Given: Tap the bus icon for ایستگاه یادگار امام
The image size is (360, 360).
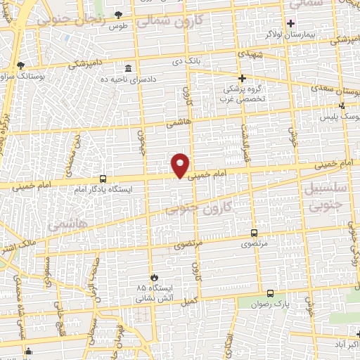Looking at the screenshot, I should coord(103,179).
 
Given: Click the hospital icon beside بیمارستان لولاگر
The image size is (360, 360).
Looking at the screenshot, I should coord(290,22).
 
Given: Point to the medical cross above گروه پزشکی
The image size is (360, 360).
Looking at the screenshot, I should coord(242,78).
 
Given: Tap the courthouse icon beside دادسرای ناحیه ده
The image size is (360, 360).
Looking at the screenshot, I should coord(128,69).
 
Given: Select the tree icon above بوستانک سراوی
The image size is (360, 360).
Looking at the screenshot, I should coord(20,64).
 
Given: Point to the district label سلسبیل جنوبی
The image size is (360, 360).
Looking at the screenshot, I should coord(323,195).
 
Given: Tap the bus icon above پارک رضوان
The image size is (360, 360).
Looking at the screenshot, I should coord(270,292).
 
